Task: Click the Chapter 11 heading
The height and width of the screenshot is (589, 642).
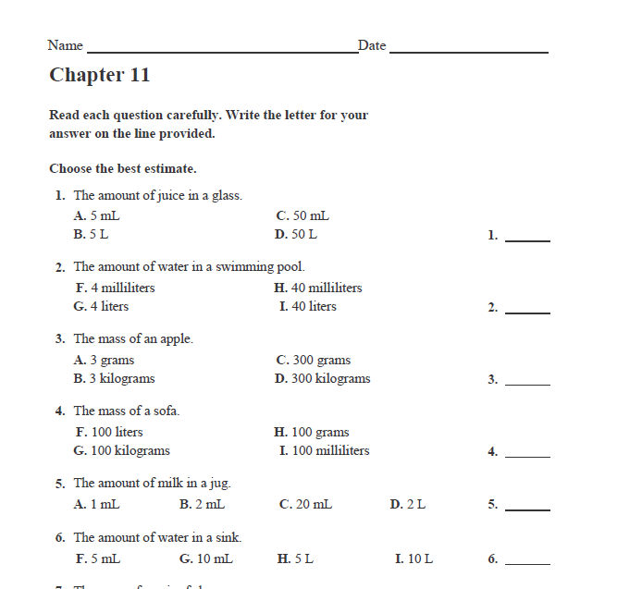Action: click(x=99, y=75)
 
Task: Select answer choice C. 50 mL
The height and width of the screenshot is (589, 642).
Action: click(x=302, y=216)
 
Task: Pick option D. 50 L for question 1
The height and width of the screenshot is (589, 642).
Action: click(x=296, y=235)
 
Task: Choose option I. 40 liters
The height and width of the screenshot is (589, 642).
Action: click(x=308, y=307)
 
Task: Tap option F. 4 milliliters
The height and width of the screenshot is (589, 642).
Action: click(x=115, y=288)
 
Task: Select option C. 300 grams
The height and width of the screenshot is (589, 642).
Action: click(x=314, y=361)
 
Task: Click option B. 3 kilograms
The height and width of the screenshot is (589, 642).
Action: click(x=114, y=379)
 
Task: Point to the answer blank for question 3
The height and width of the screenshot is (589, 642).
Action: click(x=527, y=383)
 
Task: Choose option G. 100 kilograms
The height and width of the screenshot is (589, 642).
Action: click(x=121, y=451)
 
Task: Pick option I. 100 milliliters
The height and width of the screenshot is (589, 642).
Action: click(x=324, y=451)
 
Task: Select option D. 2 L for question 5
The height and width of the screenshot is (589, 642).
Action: click(x=408, y=505)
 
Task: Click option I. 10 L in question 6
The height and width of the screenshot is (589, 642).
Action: click(x=414, y=559)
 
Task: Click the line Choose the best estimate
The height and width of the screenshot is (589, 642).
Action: click(x=123, y=169)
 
